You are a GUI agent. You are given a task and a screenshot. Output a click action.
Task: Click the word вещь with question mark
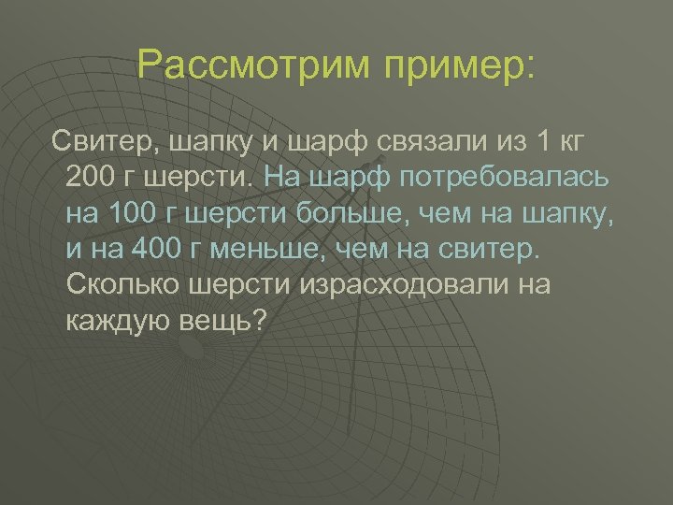pos(225,321)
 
